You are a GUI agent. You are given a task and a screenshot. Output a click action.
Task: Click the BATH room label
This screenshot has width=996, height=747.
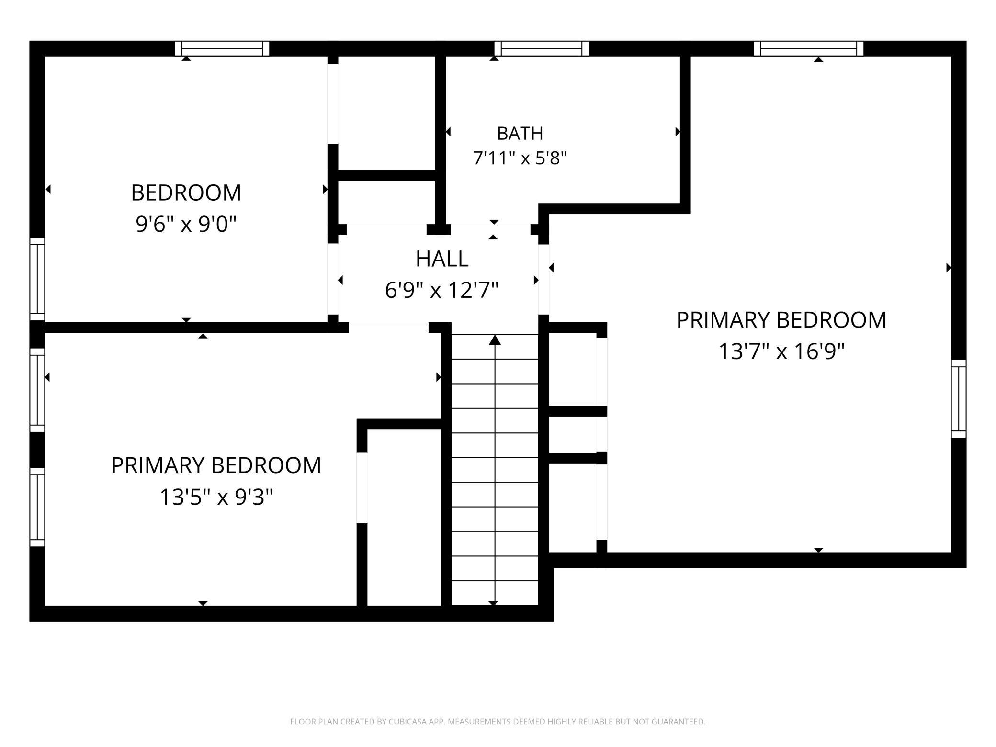pyautogui.click(x=520, y=134)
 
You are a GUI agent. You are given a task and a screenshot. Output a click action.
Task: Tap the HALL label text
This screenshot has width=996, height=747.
pyautogui.click(x=442, y=259)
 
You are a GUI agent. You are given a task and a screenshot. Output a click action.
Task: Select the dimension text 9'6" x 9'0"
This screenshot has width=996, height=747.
pyautogui.click(x=186, y=224)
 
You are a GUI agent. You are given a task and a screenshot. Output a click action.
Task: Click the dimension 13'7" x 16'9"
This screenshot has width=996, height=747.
pyautogui.click(x=781, y=351)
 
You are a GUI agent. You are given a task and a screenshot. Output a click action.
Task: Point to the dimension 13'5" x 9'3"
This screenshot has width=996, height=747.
pyautogui.click(x=216, y=497)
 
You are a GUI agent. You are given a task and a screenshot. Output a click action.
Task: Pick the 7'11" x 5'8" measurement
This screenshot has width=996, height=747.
pyautogui.click(x=520, y=158)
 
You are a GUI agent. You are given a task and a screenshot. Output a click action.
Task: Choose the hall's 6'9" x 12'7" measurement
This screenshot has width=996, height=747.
pyautogui.click(x=442, y=290)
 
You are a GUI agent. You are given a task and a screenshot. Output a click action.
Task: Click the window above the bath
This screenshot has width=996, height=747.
pyautogui.click(x=542, y=48)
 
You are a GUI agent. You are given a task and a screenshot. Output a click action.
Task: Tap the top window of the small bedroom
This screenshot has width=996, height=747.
pyautogui.click(x=222, y=48)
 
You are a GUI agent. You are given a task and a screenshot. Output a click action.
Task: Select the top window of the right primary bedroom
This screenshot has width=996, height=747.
pyautogui.click(x=809, y=48)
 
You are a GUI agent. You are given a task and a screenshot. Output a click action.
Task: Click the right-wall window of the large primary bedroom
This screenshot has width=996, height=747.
pyautogui.click(x=959, y=399)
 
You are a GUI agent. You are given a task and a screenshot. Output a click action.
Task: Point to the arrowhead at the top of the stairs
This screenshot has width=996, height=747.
pyautogui.click(x=495, y=340)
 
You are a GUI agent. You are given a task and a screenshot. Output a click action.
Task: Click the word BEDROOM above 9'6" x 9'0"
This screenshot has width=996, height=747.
pyautogui.click(x=186, y=192)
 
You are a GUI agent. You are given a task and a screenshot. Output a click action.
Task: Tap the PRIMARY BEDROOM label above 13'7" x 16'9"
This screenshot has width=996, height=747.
pyautogui.click(x=781, y=320)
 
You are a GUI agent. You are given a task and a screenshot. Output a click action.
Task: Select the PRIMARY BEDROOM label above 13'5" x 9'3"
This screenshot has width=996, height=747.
pyautogui.click(x=216, y=465)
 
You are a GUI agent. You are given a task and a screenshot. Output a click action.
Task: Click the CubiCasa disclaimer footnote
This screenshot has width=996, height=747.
pyautogui.click(x=498, y=722)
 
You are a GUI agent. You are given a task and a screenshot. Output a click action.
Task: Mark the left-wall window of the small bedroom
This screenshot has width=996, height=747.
pyautogui.click(x=37, y=279)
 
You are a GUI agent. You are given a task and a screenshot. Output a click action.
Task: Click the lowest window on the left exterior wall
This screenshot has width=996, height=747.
pyautogui.click(x=37, y=507)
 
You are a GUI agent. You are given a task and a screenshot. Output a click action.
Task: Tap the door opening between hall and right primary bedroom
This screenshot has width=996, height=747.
pyautogui.click(x=543, y=280)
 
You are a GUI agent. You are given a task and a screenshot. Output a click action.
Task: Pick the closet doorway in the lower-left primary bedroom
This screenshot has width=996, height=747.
pyautogui.click(x=362, y=487)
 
